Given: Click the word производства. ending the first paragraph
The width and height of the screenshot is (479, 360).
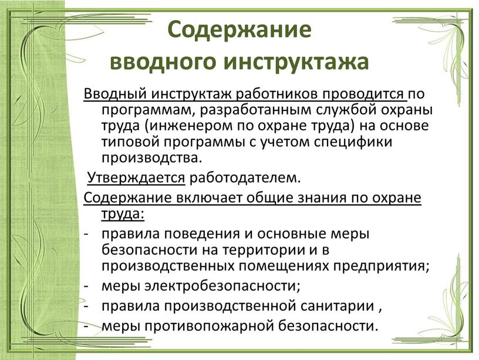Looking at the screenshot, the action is coord(152,158).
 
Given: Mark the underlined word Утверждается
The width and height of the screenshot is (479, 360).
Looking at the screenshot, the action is coord(136,178).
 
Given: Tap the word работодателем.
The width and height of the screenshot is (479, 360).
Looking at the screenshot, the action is coord(245,178).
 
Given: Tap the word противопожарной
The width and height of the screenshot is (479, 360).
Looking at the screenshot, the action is coord(208,326).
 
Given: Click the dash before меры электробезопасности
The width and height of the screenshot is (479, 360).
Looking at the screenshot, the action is coord(86,287).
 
